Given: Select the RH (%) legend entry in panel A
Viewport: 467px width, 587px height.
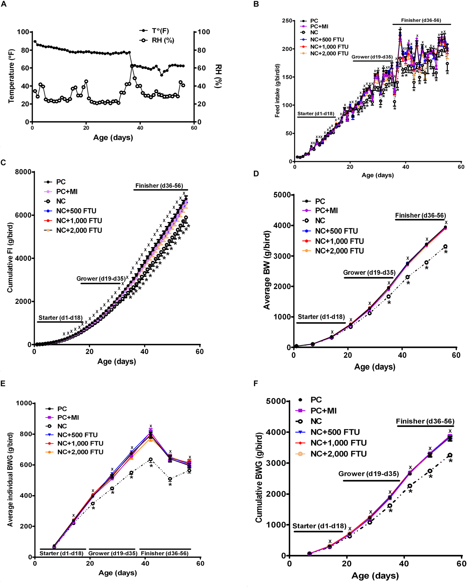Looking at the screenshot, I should coord(162,40).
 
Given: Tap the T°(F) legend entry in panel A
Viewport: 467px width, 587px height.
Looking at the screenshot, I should coord(160,31).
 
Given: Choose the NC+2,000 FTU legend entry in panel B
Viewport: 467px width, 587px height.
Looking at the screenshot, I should coord(329,53).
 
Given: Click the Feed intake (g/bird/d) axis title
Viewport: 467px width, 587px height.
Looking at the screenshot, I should coord(277,91).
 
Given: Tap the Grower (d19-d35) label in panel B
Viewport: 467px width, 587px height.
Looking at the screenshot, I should coord(372,57).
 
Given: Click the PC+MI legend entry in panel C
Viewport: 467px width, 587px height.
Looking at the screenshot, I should coord(67,192).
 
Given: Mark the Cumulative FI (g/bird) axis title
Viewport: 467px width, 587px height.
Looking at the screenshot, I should coord(10,258).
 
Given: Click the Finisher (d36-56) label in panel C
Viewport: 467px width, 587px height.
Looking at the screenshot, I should coord(159,186).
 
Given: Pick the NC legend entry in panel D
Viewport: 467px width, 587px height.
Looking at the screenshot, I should coord(320,220).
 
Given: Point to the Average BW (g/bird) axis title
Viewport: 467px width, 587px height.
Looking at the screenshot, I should coord(266,270).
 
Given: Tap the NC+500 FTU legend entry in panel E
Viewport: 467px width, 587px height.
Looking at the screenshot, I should coord(77,435).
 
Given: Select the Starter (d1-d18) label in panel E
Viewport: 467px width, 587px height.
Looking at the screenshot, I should coord(62,553).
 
